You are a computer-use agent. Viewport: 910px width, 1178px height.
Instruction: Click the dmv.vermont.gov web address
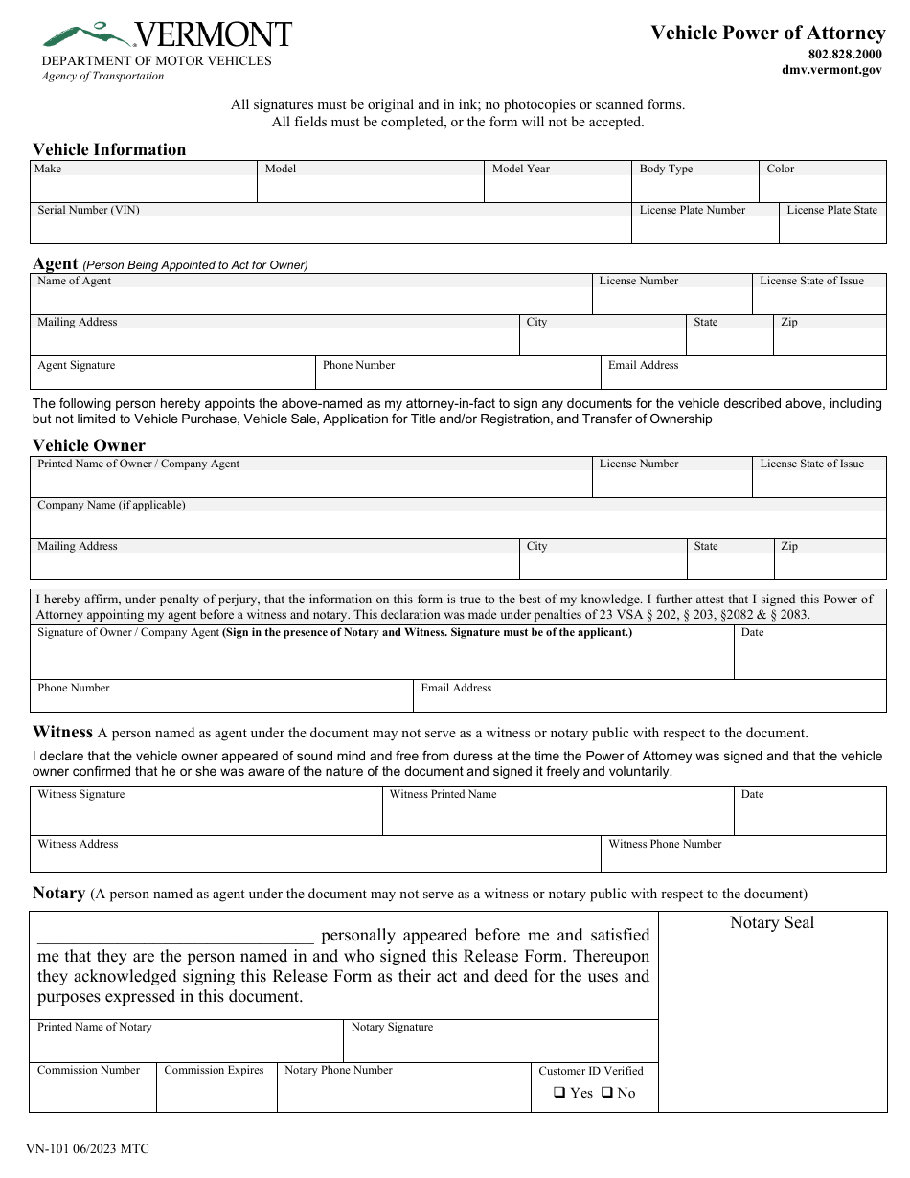coord(831,70)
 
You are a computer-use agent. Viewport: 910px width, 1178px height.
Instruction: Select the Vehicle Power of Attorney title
coord(767,33)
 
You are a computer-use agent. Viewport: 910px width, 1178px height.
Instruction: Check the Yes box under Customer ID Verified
coord(559,1093)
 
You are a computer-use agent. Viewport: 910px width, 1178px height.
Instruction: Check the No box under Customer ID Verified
coord(606,1093)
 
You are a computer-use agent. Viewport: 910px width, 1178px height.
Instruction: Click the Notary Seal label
coord(771,923)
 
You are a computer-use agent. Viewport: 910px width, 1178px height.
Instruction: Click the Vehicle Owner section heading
coord(89,445)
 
